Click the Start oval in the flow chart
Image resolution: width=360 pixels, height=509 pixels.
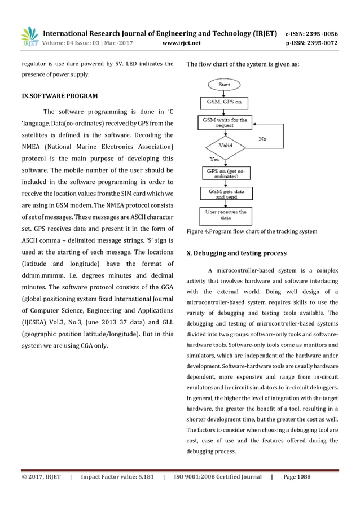click(221, 85)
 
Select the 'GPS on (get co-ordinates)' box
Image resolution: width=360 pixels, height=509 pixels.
click(224, 172)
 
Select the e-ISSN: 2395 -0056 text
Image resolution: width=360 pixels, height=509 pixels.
click(319, 33)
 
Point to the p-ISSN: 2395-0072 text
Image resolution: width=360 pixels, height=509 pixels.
click(319, 42)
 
